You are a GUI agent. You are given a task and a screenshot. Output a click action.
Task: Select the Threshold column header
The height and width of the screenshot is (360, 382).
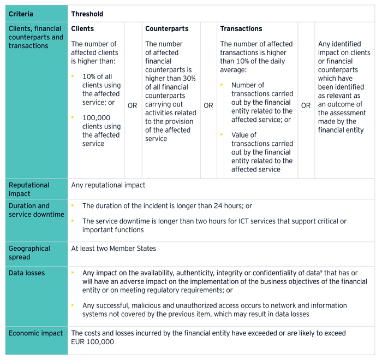[87, 14]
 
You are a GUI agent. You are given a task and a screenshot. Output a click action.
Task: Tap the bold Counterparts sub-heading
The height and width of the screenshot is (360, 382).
[166, 28]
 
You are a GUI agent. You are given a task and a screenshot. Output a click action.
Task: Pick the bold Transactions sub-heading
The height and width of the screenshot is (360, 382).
[241, 28]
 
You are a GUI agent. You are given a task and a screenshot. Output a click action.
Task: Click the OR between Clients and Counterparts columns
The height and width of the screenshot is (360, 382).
[132, 105]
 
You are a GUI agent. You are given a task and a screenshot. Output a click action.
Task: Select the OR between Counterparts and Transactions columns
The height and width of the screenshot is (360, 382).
[208, 105]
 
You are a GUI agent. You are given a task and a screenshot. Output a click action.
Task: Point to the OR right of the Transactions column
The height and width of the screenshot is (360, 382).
[306, 105]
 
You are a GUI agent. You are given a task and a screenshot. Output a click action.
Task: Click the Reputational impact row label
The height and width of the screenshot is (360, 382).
[29, 189]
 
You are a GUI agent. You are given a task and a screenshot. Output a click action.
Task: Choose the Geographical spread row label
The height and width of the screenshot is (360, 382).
[29, 252]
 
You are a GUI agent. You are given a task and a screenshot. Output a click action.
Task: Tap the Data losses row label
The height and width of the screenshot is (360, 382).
[27, 273]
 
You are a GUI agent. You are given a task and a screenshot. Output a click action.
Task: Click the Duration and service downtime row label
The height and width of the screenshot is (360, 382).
[36, 210]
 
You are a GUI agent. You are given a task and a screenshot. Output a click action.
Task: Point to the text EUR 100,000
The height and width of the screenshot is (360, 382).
[93, 341]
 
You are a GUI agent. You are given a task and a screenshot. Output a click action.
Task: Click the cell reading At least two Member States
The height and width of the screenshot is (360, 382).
[114, 249]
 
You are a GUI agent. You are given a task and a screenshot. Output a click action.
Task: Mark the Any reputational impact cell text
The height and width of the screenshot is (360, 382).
[108, 185]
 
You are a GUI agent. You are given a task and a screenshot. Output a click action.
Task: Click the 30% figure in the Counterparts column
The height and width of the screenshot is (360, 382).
[189, 78]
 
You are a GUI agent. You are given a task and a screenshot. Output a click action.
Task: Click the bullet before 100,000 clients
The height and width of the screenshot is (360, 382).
[73, 117]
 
